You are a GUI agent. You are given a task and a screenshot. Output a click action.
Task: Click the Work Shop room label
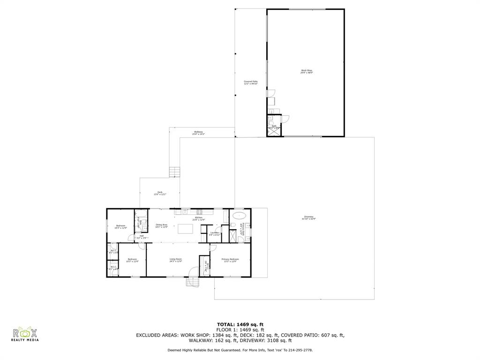[x=307, y=71]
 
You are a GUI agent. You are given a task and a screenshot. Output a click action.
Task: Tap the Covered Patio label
[x=251, y=82]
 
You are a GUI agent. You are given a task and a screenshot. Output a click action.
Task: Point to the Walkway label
[x=199, y=133]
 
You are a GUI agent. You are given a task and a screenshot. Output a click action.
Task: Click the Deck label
[x=160, y=193]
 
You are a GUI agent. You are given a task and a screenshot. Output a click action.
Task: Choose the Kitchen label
[x=199, y=219]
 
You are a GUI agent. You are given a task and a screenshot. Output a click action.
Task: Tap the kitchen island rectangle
[x=185, y=229]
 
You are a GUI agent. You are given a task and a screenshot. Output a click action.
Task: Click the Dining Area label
[x=162, y=225]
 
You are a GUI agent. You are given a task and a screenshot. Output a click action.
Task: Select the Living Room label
[x=176, y=260]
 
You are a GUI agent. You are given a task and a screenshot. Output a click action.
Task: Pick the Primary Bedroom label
[x=230, y=260]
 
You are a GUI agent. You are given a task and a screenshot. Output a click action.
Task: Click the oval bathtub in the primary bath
[x=240, y=216]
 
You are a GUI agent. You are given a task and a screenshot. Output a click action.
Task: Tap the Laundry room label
[x=215, y=233]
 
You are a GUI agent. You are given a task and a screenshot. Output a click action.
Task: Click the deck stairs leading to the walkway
[x=174, y=172]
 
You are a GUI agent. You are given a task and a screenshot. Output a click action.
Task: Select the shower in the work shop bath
[x=273, y=131]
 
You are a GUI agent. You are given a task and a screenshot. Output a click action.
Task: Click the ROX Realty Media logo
[x=24, y=335]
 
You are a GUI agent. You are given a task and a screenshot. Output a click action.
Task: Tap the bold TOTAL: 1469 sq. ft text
[x=240, y=324]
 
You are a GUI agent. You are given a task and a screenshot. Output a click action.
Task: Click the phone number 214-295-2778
[x=300, y=350]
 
